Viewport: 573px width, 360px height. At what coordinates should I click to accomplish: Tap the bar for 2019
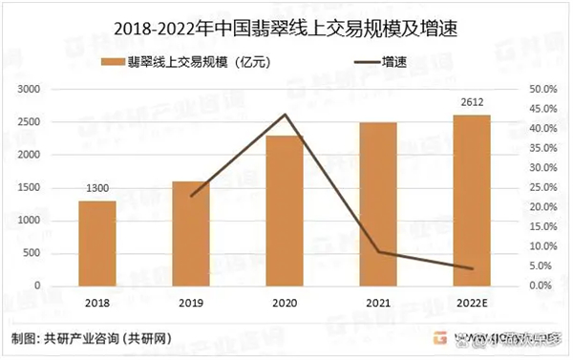pos(191,233)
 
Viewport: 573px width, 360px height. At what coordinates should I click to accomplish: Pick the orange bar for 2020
pos(285,210)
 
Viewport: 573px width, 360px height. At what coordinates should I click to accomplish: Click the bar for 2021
pos(378,203)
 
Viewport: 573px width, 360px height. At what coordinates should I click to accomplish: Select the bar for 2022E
pos(472,200)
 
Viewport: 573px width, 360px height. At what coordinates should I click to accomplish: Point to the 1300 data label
pos(97,190)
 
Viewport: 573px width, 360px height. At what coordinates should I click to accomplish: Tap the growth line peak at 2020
pos(285,115)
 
